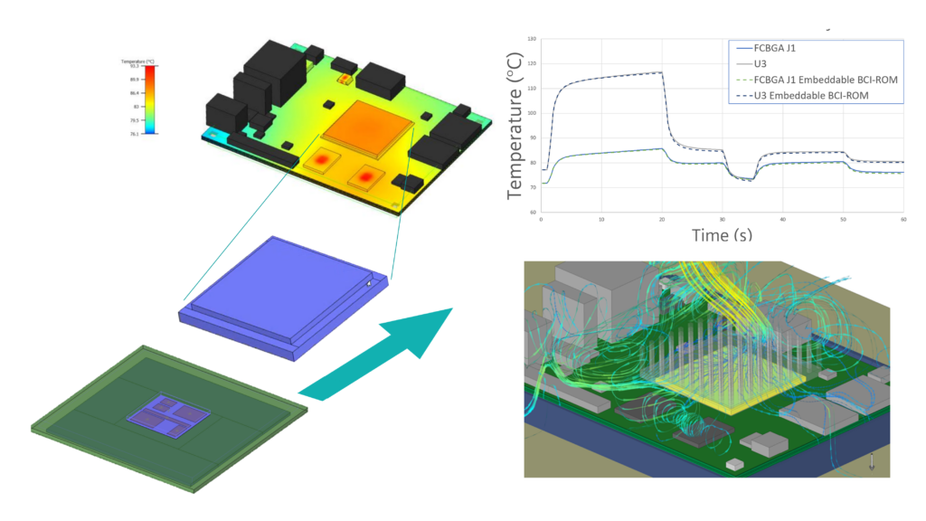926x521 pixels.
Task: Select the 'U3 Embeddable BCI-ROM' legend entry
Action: [811, 96]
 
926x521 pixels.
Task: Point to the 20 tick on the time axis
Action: [662, 219]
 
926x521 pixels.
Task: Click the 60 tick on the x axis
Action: [903, 219]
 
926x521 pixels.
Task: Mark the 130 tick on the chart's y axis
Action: [532, 40]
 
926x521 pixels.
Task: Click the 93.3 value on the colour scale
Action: [134, 66]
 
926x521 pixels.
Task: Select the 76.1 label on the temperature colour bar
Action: [134, 132]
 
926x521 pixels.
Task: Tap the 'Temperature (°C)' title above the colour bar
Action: [137, 60]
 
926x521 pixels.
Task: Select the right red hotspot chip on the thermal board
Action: [365, 175]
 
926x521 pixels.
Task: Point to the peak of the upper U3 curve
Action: [661, 72]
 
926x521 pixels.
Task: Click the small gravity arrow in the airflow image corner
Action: [870, 459]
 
